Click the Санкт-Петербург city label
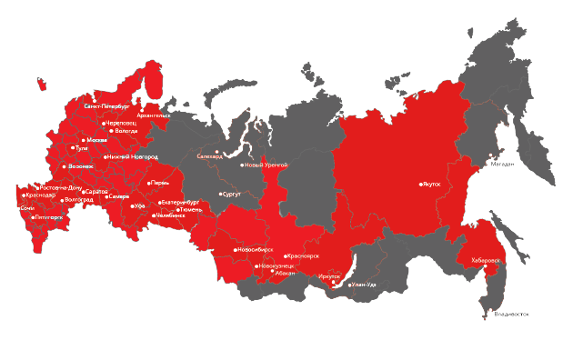click(x=106, y=106)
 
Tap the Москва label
click(x=96, y=140)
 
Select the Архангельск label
click(x=153, y=115)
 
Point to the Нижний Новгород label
click(x=132, y=156)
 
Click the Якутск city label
click(x=431, y=183)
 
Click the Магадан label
click(x=502, y=165)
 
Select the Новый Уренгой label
click(x=267, y=165)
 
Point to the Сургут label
click(x=232, y=194)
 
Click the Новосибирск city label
click(x=251, y=249)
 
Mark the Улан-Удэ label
click(x=364, y=285)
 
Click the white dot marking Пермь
click(x=150, y=183)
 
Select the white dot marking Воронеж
click(x=65, y=166)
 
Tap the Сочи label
click(x=27, y=208)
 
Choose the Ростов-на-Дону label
click(x=62, y=187)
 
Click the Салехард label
click(x=209, y=156)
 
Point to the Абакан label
click(x=284, y=273)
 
